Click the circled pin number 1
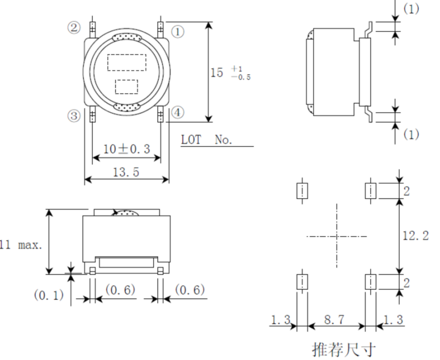(177, 32)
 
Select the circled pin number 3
(73, 116)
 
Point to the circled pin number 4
(177, 113)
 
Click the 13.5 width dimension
(126, 172)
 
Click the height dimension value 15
(216, 73)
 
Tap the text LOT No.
(207, 140)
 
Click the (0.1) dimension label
(47, 295)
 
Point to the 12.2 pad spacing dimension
(416, 236)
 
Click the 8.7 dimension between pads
(334, 320)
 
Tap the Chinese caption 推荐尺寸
(337, 349)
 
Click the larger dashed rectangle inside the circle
(126, 62)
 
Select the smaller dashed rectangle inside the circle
(126, 86)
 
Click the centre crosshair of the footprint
(337, 237)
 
